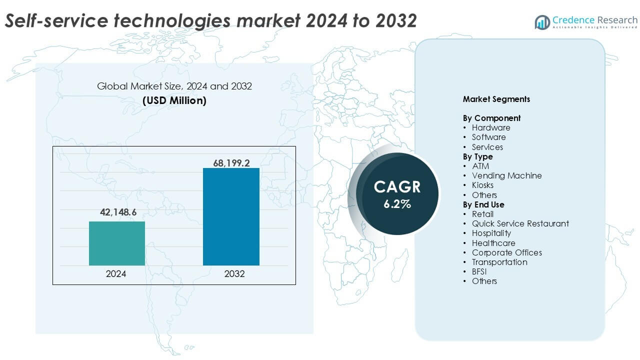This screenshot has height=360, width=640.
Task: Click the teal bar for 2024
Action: pos(117,243)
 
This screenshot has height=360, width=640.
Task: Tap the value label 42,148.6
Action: pos(118,212)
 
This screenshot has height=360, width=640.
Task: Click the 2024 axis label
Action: pos(116,274)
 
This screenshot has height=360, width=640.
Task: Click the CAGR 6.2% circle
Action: pos(398,193)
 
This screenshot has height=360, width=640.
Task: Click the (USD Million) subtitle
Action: pos(174,100)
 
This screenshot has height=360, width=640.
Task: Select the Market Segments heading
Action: pos(496,99)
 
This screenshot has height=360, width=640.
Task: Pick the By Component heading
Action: pos(491,118)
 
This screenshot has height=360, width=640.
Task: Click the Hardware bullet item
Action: pos(491,127)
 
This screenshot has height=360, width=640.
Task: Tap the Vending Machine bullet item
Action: pos(506,175)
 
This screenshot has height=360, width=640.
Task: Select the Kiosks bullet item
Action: pos(482,185)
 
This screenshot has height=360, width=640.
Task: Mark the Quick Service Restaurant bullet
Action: pos(520,223)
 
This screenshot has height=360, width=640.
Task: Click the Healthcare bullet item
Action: pos(493,243)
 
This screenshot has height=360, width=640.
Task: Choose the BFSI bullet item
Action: pos(479,271)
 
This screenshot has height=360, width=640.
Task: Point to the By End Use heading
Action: pos(483,204)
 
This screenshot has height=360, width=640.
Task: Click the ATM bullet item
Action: pos(480,166)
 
